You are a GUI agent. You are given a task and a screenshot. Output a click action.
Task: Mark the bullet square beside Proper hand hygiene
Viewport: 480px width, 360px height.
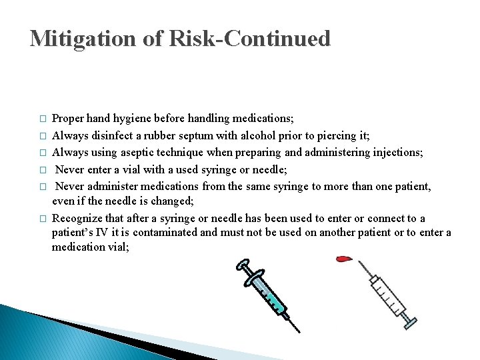[x=43, y=119]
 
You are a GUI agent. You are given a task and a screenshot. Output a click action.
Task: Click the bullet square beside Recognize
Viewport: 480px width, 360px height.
[x=43, y=219]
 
